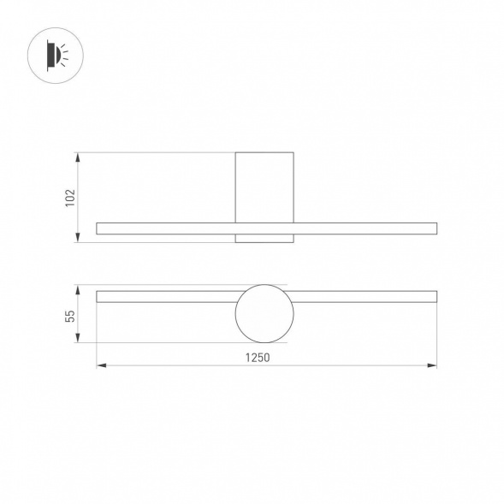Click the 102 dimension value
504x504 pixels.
[x=70, y=198]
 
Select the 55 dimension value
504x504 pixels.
[x=70, y=316]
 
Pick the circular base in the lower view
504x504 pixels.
[x=264, y=313]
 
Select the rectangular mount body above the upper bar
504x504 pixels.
[x=264, y=187]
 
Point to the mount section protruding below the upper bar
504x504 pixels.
[x=264, y=238]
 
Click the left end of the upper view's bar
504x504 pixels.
[x=99, y=228]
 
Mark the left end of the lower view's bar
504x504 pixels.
[x=99, y=296]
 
